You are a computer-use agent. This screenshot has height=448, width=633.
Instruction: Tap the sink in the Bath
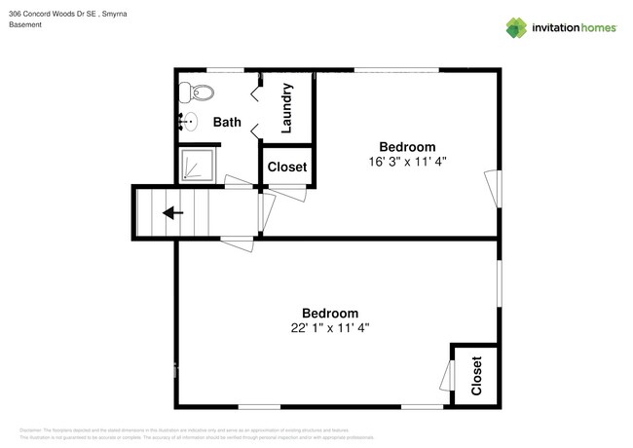coord(185,122)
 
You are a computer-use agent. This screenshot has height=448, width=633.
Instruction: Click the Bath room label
coord(227,123)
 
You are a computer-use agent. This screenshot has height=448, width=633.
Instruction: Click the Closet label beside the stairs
coord(286,168)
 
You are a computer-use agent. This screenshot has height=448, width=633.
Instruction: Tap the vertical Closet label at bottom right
coord(476,376)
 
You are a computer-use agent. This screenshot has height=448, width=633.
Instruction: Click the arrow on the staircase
coord(172,213)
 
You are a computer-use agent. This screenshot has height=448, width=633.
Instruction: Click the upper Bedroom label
coord(407,146)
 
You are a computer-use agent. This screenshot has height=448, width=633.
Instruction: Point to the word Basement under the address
coord(25,25)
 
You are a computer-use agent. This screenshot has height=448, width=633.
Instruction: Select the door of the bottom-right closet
coord(447,376)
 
